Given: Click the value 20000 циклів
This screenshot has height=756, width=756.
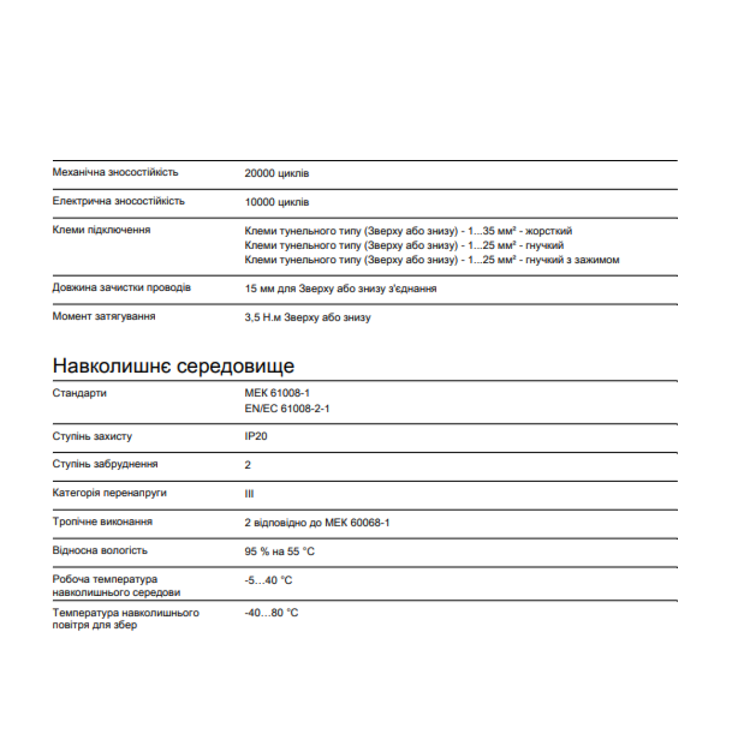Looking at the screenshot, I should (x=277, y=173).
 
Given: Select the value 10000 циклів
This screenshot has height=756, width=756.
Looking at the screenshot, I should (x=277, y=202).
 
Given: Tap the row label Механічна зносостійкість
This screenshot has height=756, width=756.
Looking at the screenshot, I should (x=115, y=172).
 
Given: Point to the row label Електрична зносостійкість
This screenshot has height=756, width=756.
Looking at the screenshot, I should (x=118, y=201).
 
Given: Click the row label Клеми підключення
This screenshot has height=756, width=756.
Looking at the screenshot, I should (x=101, y=230).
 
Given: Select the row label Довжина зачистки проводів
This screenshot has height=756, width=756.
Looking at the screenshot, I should (x=122, y=287).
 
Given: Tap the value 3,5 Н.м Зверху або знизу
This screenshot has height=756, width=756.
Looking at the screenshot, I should (x=307, y=318).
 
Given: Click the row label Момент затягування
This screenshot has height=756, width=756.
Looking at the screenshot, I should (x=104, y=316).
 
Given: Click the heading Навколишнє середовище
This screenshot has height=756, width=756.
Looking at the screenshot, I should (x=173, y=366).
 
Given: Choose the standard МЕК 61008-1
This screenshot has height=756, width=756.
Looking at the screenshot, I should (x=277, y=393).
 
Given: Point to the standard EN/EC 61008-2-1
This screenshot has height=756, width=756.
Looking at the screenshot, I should (x=287, y=409).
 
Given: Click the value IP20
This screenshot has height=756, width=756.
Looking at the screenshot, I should (x=256, y=436).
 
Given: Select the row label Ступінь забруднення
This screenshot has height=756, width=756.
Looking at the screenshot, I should (x=105, y=464).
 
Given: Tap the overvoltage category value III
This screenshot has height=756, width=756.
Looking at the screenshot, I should (x=249, y=494).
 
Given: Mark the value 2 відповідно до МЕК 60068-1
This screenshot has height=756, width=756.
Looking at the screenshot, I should (x=317, y=523).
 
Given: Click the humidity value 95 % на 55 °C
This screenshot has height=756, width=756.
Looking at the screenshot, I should (x=279, y=552).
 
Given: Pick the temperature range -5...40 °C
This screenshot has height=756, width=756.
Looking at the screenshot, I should (x=268, y=580).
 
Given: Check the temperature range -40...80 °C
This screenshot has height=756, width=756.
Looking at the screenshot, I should (x=271, y=612).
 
